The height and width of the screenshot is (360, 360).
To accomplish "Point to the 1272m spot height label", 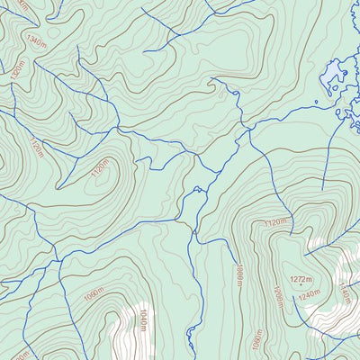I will coord(301,278).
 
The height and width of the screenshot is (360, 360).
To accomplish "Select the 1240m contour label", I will coord(309,294).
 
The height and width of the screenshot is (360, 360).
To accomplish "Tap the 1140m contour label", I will coord(346,292).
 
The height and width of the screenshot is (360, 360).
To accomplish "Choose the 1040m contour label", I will coord(141,319).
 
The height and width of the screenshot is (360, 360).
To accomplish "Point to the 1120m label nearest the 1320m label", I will coord(36,148).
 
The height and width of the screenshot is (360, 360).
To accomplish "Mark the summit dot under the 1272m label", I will coord(301,285).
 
